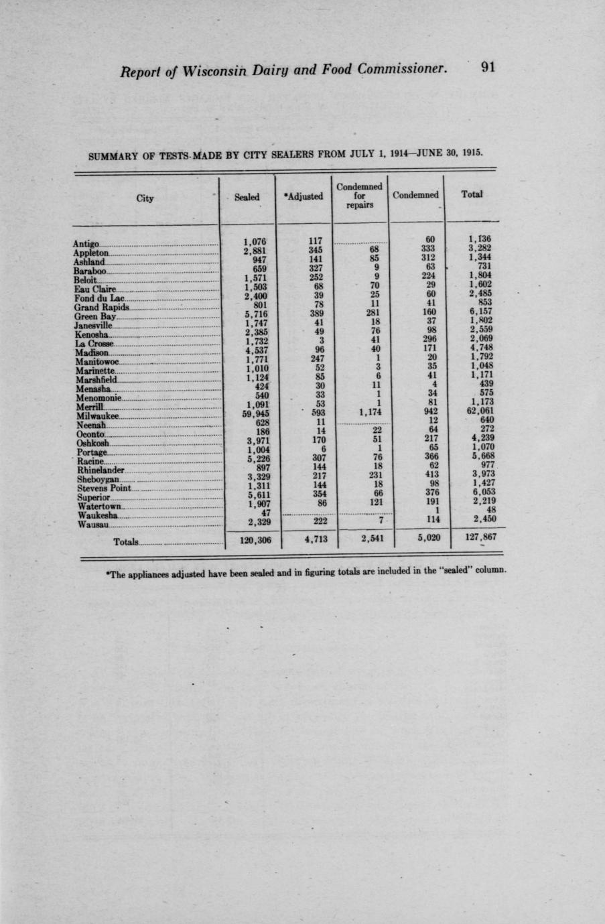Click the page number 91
click(487, 67)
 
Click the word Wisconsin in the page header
click(216, 70)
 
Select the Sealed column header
click(247, 196)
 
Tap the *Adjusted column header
click(303, 196)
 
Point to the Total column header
click(472, 194)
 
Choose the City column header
click(145, 198)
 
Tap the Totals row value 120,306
click(255, 538)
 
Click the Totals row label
click(126, 541)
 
